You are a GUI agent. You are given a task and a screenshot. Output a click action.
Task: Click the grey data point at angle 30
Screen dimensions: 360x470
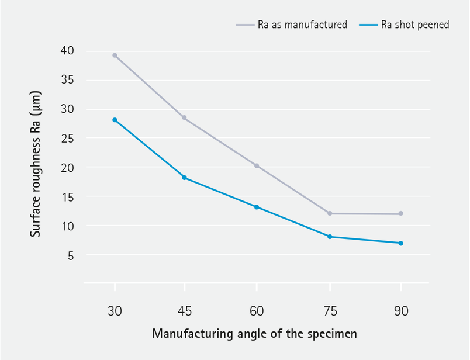115,56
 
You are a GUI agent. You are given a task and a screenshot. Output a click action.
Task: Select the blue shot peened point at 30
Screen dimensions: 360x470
115,120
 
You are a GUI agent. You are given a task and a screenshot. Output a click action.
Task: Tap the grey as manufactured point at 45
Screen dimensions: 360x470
184,117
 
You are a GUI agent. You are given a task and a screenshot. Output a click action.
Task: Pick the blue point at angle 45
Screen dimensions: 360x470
184,178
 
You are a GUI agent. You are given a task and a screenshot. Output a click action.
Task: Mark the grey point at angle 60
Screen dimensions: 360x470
257,166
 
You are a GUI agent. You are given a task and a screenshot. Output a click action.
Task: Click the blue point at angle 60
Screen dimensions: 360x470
257,207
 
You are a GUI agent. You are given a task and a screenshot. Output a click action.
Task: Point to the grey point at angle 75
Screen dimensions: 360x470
330,213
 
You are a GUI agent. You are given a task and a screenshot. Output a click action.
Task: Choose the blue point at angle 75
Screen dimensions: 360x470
330,237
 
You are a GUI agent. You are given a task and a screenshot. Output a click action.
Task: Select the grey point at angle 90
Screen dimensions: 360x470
401,214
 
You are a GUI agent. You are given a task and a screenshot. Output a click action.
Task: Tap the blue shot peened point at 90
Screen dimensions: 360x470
401,243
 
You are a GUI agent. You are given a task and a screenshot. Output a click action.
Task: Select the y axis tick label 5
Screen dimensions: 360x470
70,255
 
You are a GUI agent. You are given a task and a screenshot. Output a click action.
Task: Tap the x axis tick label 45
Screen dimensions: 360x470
184,311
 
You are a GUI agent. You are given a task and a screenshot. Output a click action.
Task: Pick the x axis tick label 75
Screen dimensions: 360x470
330,311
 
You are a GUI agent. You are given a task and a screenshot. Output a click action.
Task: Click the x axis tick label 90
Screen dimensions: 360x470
401,311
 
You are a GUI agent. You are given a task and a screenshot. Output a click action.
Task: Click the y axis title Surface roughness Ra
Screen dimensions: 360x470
36,163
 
